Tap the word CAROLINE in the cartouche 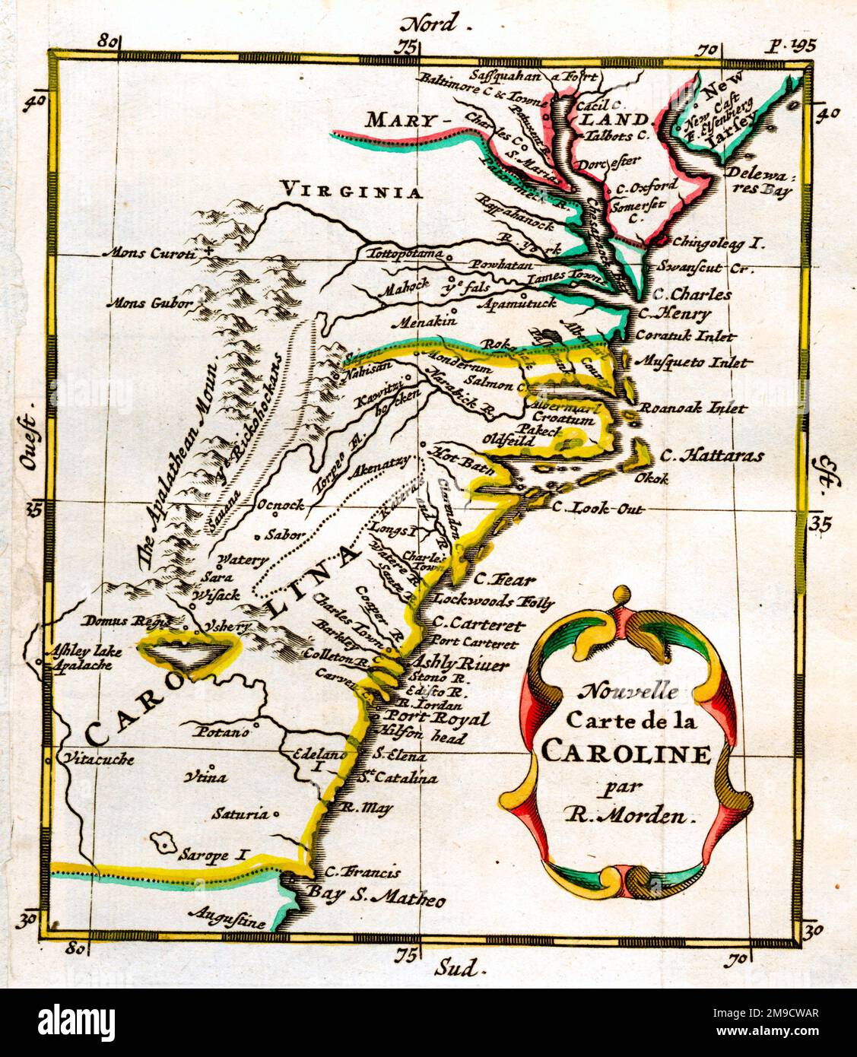pos(626,754)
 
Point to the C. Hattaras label pos(712,456)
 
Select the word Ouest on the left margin pos(30,444)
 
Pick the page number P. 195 pos(790,45)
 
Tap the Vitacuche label pos(99,758)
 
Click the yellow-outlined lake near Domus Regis pos(188,650)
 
